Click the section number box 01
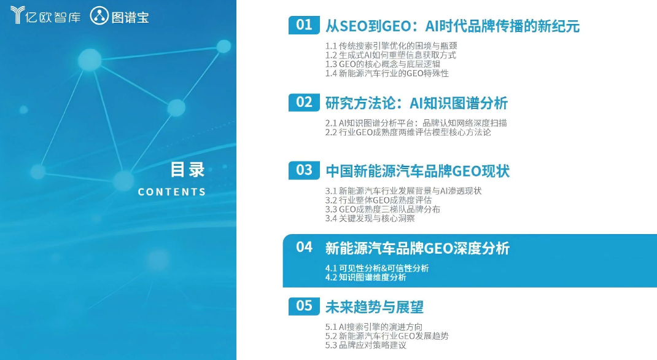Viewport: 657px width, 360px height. (x=304, y=25)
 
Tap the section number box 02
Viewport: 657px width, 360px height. (x=304, y=102)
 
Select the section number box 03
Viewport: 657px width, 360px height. (x=304, y=170)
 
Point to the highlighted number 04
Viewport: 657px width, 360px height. (x=304, y=247)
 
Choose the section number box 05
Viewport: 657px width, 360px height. (x=304, y=306)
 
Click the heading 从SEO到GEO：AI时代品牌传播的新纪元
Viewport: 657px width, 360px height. (x=453, y=26)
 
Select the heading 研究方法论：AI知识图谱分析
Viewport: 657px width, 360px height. (x=416, y=103)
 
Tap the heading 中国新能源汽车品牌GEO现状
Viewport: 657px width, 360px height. (x=418, y=171)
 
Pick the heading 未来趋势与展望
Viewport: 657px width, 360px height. (x=374, y=307)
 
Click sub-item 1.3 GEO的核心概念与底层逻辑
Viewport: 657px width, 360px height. (x=383, y=64)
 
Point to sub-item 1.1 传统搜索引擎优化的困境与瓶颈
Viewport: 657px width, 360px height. (x=391, y=45)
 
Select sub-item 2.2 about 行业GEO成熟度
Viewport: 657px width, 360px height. (x=408, y=132)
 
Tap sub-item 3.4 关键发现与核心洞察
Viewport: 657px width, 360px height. (x=370, y=218)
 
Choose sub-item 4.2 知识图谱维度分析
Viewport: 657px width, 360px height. (x=366, y=277)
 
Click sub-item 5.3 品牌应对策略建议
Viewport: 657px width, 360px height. (x=366, y=345)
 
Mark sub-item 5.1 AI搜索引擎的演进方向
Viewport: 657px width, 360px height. (x=374, y=326)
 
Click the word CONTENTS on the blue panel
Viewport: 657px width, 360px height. (x=172, y=192)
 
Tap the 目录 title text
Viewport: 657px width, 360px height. (x=187, y=170)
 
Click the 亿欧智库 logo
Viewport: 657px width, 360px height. (x=45, y=15)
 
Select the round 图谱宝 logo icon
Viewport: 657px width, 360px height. (x=99, y=15)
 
